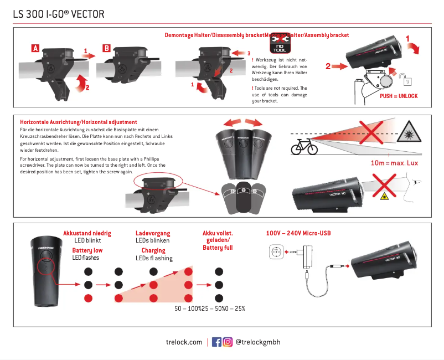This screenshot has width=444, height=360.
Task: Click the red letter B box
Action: tap(107, 48)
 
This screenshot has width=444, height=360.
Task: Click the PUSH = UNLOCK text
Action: tap(399, 96)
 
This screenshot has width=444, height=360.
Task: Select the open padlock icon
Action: tap(407, 80)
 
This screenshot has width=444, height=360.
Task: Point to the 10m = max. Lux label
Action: tap(394, 163)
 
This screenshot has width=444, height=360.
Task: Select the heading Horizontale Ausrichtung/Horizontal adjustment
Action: tap(78, 122)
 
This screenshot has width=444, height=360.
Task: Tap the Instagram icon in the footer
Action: tap(228, 342)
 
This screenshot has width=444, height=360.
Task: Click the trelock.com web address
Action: tap(184, 342)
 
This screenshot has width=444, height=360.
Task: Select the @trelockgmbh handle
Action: tap(258, 342)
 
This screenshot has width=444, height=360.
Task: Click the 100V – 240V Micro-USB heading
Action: tap(298, 234)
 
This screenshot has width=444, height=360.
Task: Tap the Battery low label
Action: tap(87, 250)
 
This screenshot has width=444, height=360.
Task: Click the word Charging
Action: tap(153, 250)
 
